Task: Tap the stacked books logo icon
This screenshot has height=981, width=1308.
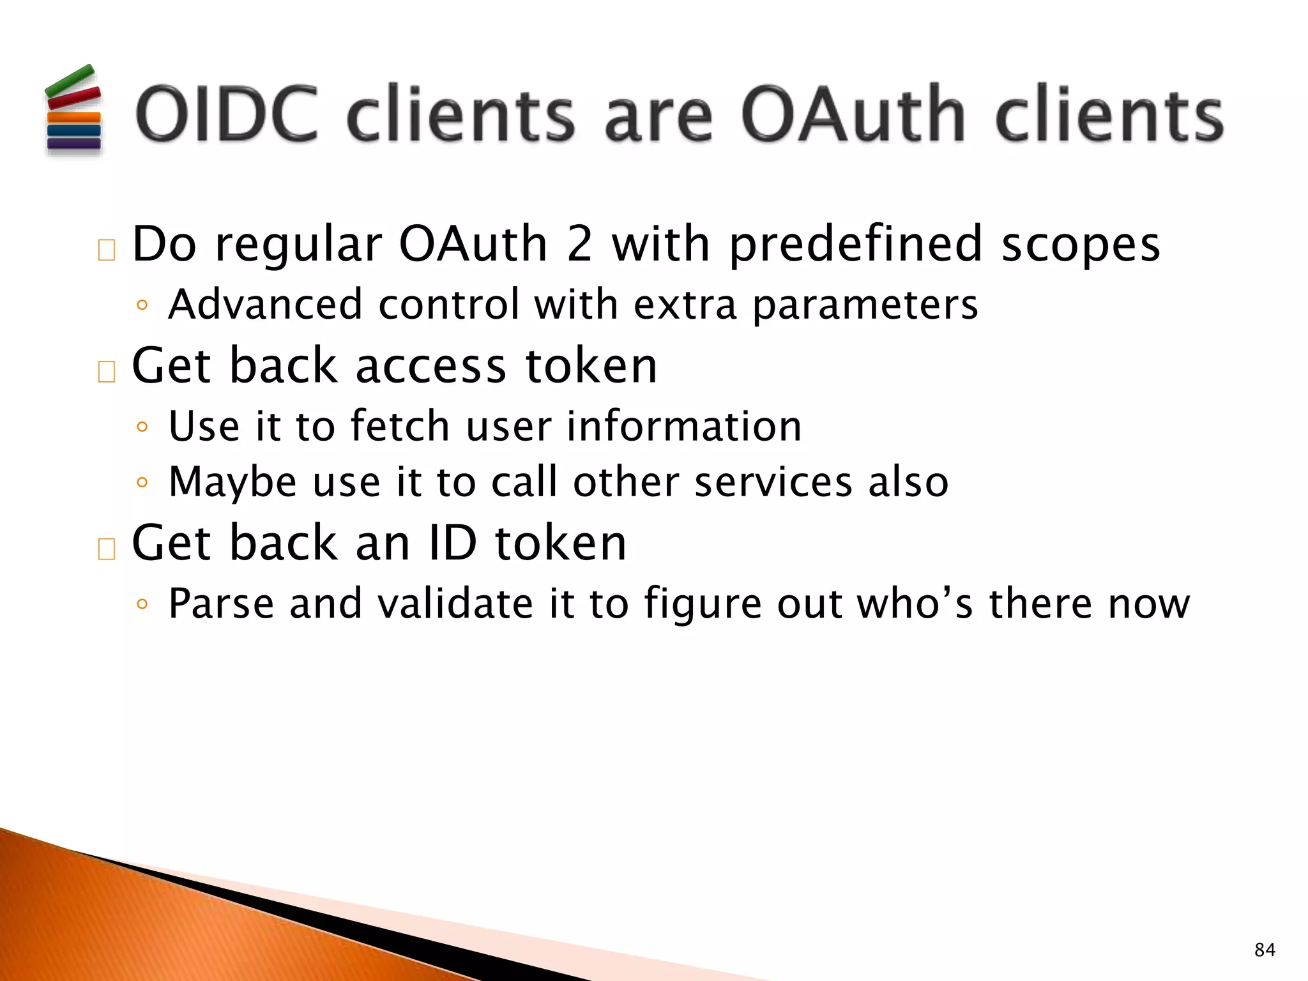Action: tap(73, 110)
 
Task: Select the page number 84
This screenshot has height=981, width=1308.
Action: tap(1265, 950)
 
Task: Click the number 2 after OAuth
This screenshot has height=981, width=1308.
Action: tap(579, 244)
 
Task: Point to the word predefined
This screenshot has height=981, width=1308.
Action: tap(855, 245)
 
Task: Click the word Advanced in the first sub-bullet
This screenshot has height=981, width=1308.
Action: tap(265, 304)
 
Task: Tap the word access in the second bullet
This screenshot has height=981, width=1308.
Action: tap(430, 366)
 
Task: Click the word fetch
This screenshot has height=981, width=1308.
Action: tap(400, 426)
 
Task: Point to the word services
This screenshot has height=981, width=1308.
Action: tap(773, 482)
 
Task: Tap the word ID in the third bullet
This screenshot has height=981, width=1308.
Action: tap(453, 543)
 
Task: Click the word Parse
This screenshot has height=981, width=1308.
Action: tap(221, 604)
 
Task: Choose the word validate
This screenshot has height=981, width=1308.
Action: tap(455, 604)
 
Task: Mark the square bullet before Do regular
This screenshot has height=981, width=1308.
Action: tap(107, 250)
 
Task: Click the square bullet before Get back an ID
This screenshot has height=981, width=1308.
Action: tap(107, 549)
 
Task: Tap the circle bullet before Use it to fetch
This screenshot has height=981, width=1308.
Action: tap(142, 427)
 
